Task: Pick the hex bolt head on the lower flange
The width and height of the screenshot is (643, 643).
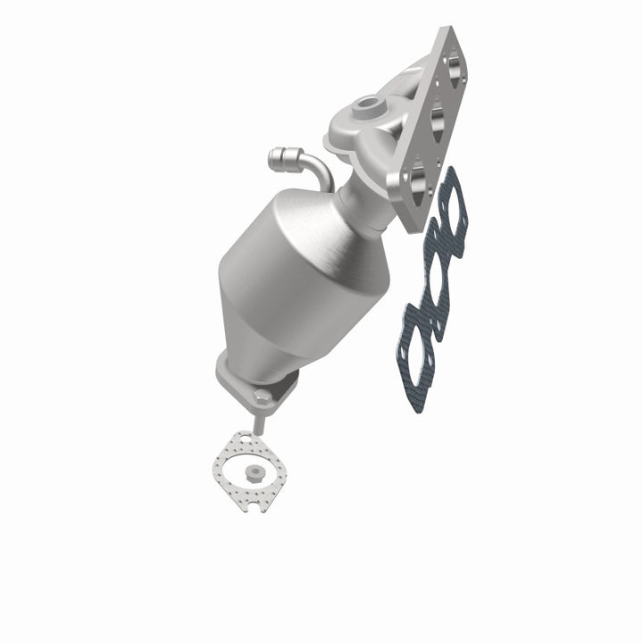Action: tap(259, 393)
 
